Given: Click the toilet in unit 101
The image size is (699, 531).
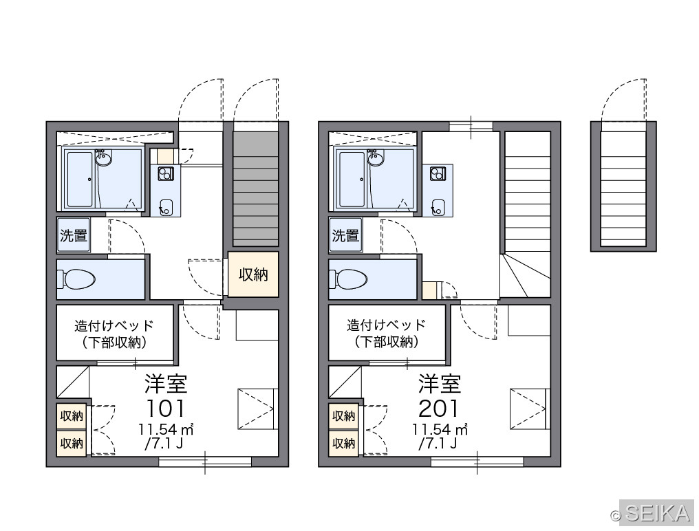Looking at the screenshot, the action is click(x=76, y=279).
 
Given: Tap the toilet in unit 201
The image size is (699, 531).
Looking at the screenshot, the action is click(x=349, y=279).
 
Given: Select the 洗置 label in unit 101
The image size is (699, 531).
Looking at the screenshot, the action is click(x=74, y=235).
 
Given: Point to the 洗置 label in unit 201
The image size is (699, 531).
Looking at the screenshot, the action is click(x=345, y=235).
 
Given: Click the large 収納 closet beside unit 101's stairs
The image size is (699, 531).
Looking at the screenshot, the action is click(x=253, y=274).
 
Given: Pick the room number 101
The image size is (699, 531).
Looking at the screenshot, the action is click(x=165, y=407).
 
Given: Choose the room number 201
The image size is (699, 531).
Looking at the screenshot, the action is click(x=438, y=407).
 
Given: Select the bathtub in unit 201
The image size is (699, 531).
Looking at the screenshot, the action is click(x=352, y=180).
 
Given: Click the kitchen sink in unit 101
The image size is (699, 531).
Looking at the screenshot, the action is click(x=166, y=207).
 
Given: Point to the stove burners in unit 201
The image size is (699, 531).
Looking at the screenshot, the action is click(x=438, y=173).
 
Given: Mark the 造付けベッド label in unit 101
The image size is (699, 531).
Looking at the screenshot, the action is click(x=114, y=326).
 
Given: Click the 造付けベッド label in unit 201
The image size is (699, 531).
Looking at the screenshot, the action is click(x=387, y=326).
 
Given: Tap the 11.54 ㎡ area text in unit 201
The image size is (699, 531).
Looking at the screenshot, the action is click(x=440, y=429).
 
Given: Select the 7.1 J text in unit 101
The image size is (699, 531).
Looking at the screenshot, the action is click(x=164, y=443).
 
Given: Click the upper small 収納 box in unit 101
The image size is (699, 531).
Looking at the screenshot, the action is click(x=72, y=416).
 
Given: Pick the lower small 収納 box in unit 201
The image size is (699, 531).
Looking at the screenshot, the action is click(x=344, y=443).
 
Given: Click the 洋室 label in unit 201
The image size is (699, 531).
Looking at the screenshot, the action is click(x=439, y=384).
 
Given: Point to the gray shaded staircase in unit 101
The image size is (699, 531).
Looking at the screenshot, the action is click(x=256, y=188).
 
